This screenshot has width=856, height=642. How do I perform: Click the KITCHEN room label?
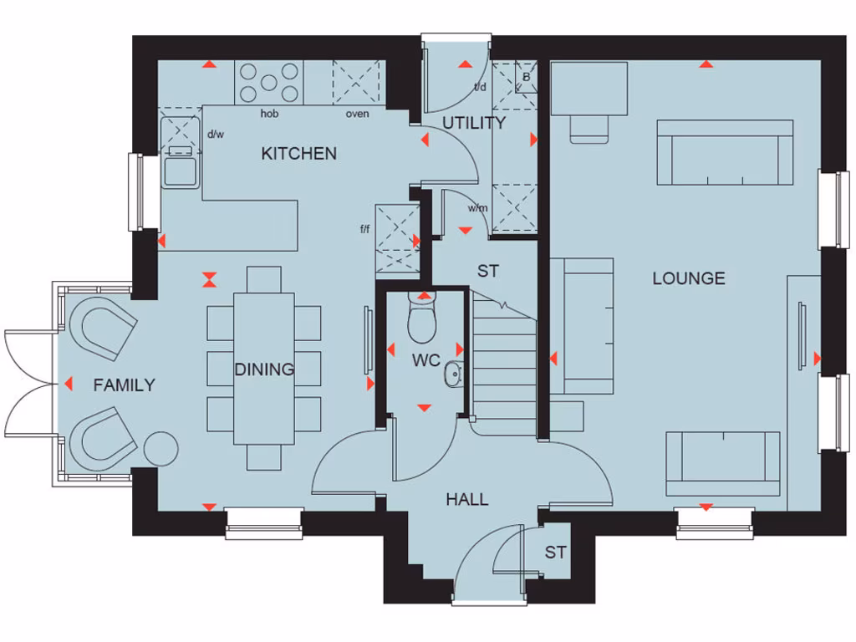tap(298, 153)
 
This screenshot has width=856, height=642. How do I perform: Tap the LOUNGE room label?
tap(688, 278)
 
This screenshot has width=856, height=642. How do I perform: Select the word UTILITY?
tap(473, 123)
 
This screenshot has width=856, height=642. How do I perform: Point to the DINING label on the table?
tap(264, 369)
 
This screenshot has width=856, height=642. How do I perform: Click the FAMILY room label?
tap(124, 385)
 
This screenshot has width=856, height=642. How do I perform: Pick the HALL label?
tap(466, 500)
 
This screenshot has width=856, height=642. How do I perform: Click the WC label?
tap(425, 362)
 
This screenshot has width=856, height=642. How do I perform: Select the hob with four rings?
tap(269, 83)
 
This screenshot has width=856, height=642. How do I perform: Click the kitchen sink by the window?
tap(181, 168)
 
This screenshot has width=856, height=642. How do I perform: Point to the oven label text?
tap(357, 114)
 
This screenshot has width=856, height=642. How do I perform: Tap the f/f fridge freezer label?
tap(365, 228)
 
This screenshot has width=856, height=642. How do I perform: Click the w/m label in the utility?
tap(477, 208)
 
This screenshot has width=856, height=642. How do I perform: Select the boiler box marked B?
tap(526, 76)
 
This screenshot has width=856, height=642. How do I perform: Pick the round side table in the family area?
tap(161, 448)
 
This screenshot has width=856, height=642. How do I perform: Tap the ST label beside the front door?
tap(555, 552)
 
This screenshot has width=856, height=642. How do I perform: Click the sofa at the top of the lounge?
tap(724, 152)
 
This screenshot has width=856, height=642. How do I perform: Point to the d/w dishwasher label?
tap(216, 134)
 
